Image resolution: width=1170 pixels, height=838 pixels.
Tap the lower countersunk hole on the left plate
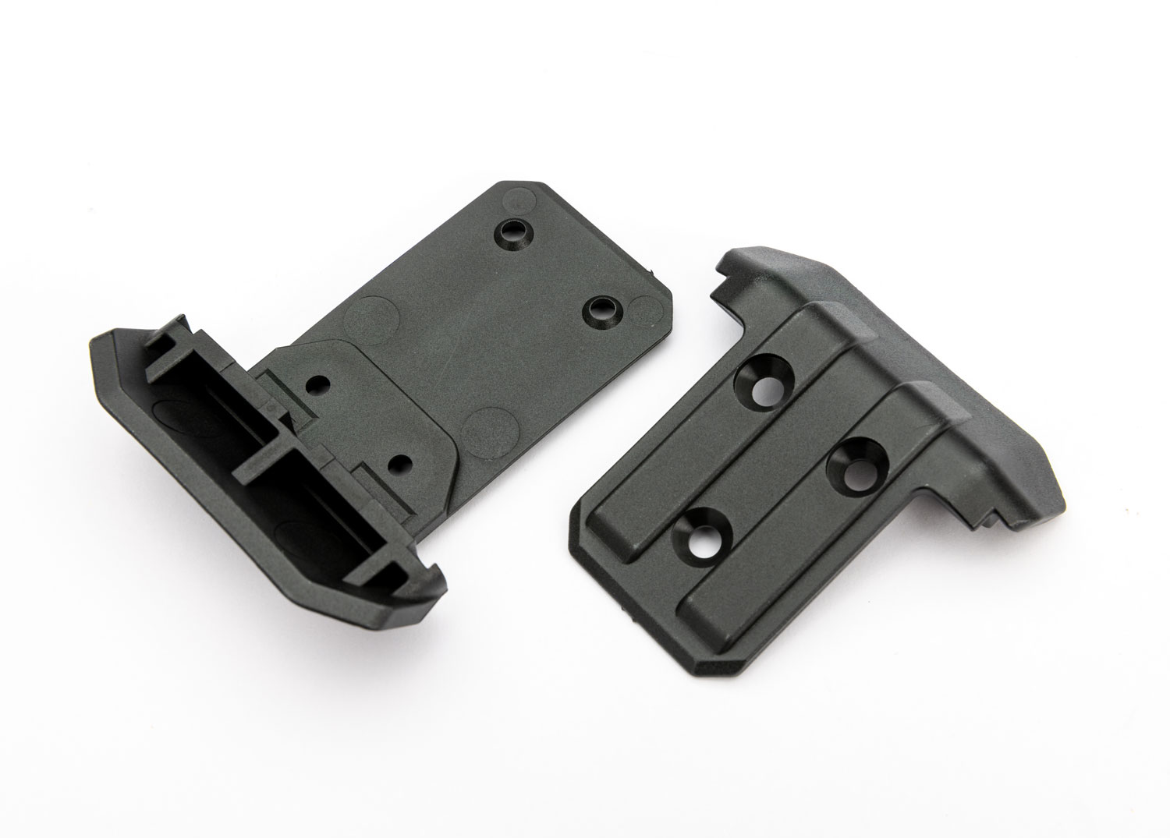click(x=602, y=309)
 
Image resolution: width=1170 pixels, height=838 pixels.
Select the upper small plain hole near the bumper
click(x=317, y=384)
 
